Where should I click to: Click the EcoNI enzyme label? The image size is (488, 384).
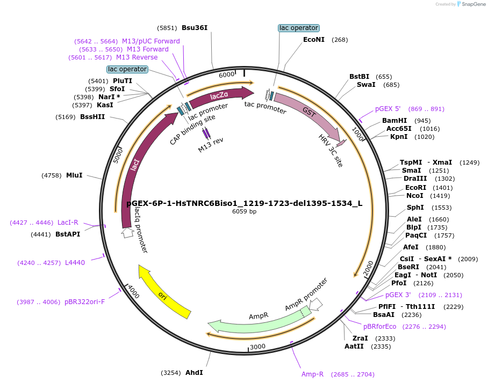(x=314, y=40)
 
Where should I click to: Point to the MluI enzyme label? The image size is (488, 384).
(x=74, y=175)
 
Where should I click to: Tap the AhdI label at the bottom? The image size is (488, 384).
(x=194, y=372)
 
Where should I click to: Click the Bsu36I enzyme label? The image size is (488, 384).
(x=194, y=28)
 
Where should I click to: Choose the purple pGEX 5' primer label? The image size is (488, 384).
(x=388, y=109)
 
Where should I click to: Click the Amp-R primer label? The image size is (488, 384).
(x=312, y=374)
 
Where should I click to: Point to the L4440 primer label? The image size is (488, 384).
(x=75, y=262)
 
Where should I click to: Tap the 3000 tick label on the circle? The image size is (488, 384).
(x=258, y=346)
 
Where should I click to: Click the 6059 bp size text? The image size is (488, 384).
(x=244, y=211)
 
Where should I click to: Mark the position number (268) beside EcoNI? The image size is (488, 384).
(x=340, y=40)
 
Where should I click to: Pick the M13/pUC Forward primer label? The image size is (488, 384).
(x=151, y=41)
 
